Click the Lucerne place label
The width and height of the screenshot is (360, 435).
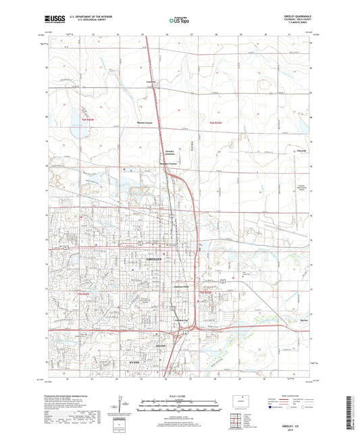coord(152,82)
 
